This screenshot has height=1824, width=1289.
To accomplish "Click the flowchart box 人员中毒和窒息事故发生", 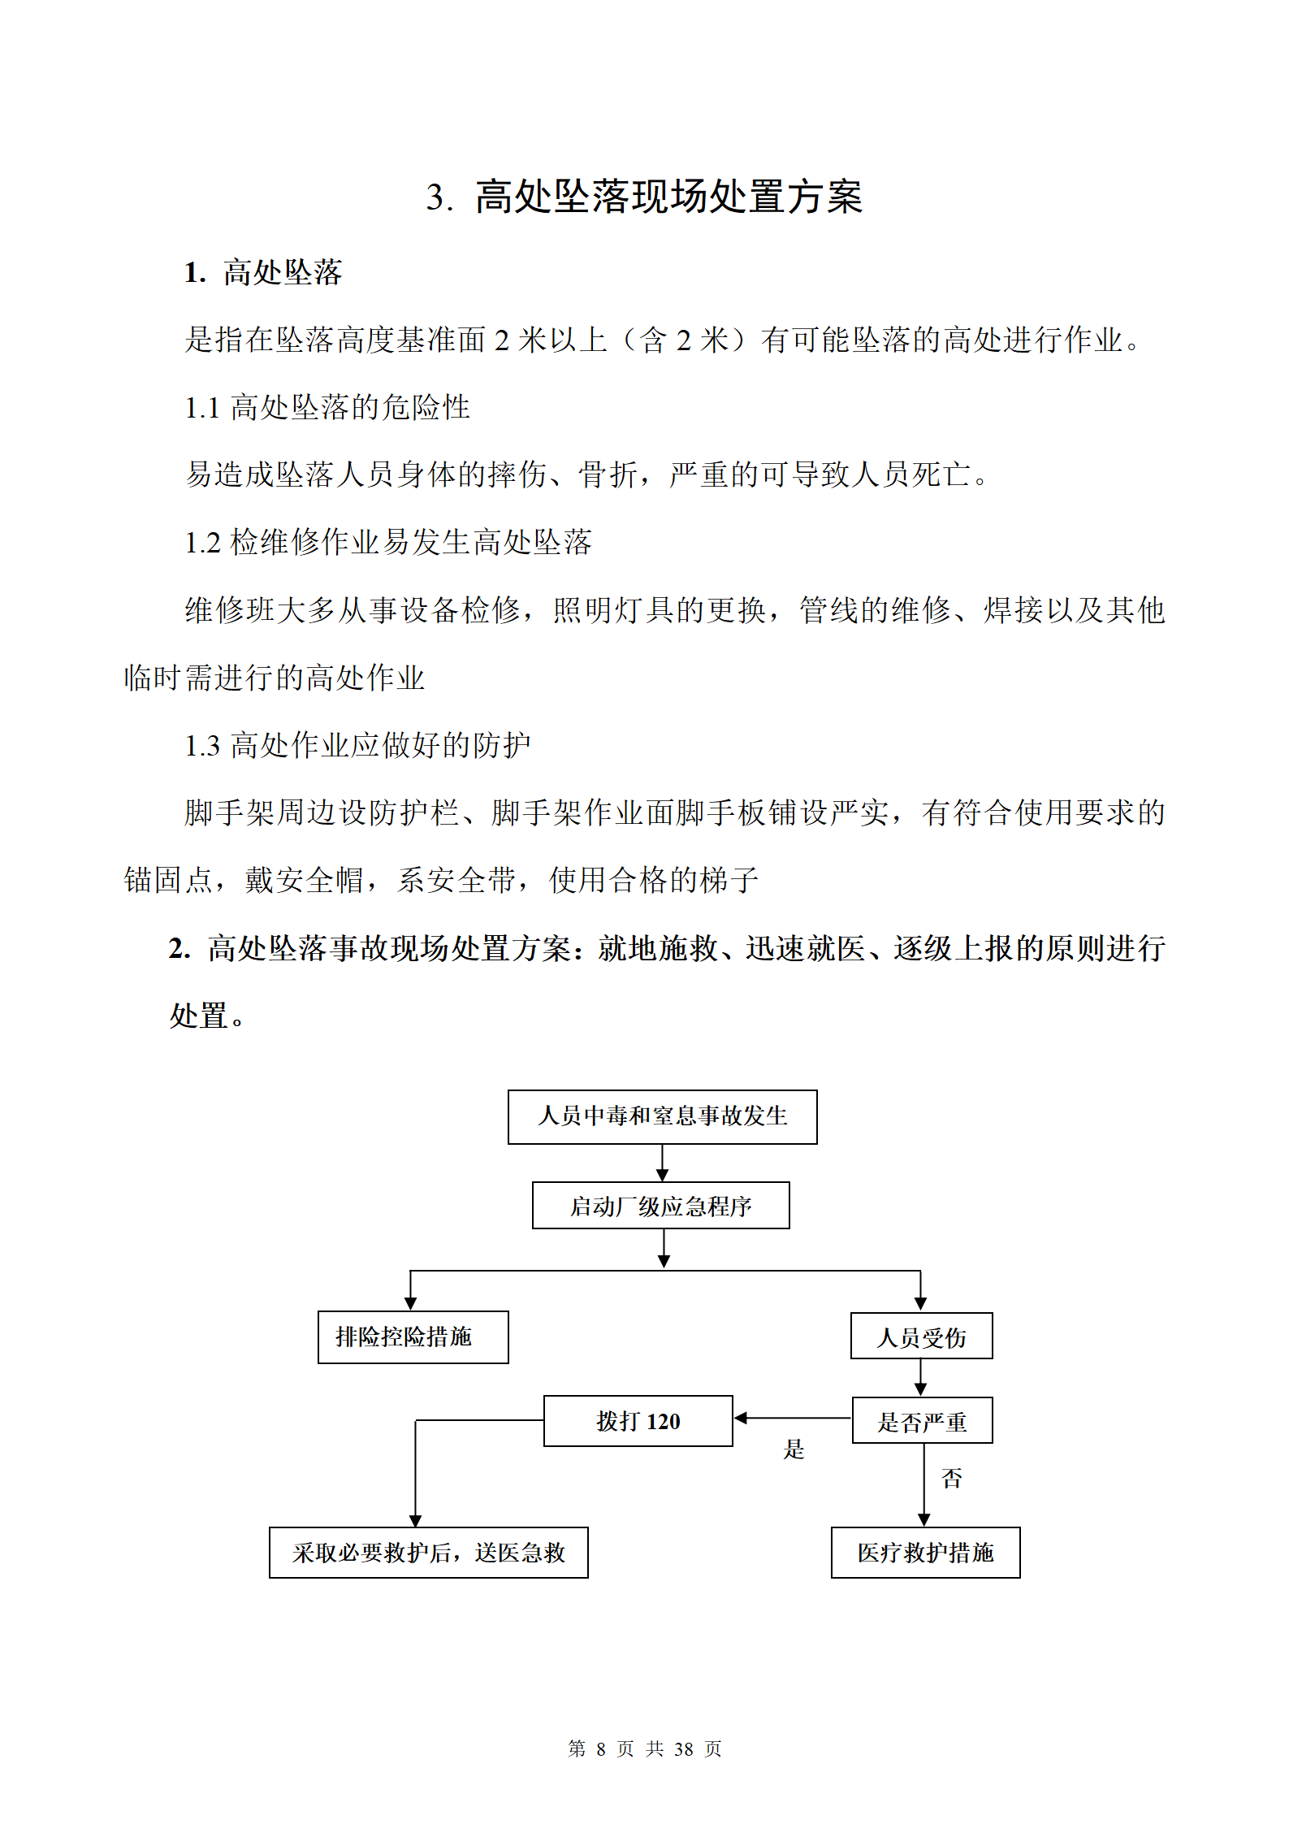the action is coord(662,1117).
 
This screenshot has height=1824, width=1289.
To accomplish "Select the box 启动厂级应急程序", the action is coord(660,1206).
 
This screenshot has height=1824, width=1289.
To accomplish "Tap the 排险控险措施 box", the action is coord(413,1337).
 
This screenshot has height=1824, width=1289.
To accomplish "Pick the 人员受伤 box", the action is coord(921,1337).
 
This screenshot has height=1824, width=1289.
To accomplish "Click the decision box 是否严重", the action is coord(922,1421).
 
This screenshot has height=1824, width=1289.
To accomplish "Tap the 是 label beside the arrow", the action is coord(794,1449).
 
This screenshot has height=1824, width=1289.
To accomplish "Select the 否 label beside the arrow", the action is coord(951,1478).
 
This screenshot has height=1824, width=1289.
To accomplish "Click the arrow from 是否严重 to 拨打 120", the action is coord(793,1418).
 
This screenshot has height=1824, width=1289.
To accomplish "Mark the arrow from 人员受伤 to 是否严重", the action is coord(920,1378).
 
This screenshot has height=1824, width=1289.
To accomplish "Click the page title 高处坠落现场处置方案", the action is coord(668,197).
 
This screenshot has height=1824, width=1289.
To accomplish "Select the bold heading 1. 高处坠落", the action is coord(262,272).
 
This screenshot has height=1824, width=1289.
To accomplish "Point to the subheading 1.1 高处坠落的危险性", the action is coord(327,407).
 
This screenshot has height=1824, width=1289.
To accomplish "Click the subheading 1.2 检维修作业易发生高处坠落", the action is coord(388,542).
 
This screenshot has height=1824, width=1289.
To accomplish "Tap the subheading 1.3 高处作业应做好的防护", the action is coord(357,745).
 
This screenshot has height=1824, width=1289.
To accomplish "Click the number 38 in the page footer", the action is coord(683,1749).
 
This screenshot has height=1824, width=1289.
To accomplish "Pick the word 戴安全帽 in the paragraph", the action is coord(304,880).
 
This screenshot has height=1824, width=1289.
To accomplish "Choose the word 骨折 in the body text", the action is coord(608,474).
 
